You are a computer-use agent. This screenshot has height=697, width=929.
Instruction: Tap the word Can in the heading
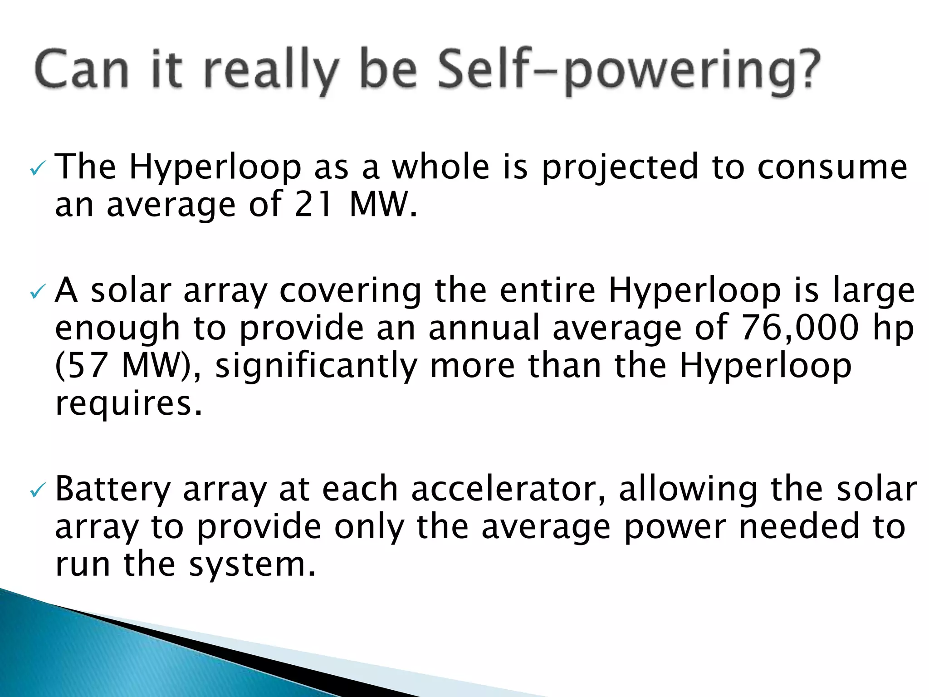coord(82,70)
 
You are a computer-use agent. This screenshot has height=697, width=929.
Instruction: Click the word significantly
coord(316,366)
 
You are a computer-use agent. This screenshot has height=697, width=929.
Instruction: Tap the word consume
coord(833,167)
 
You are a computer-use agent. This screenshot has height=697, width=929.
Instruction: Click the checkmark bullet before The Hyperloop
coord(37,170)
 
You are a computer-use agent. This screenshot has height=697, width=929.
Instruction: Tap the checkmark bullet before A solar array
coord(37,293)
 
